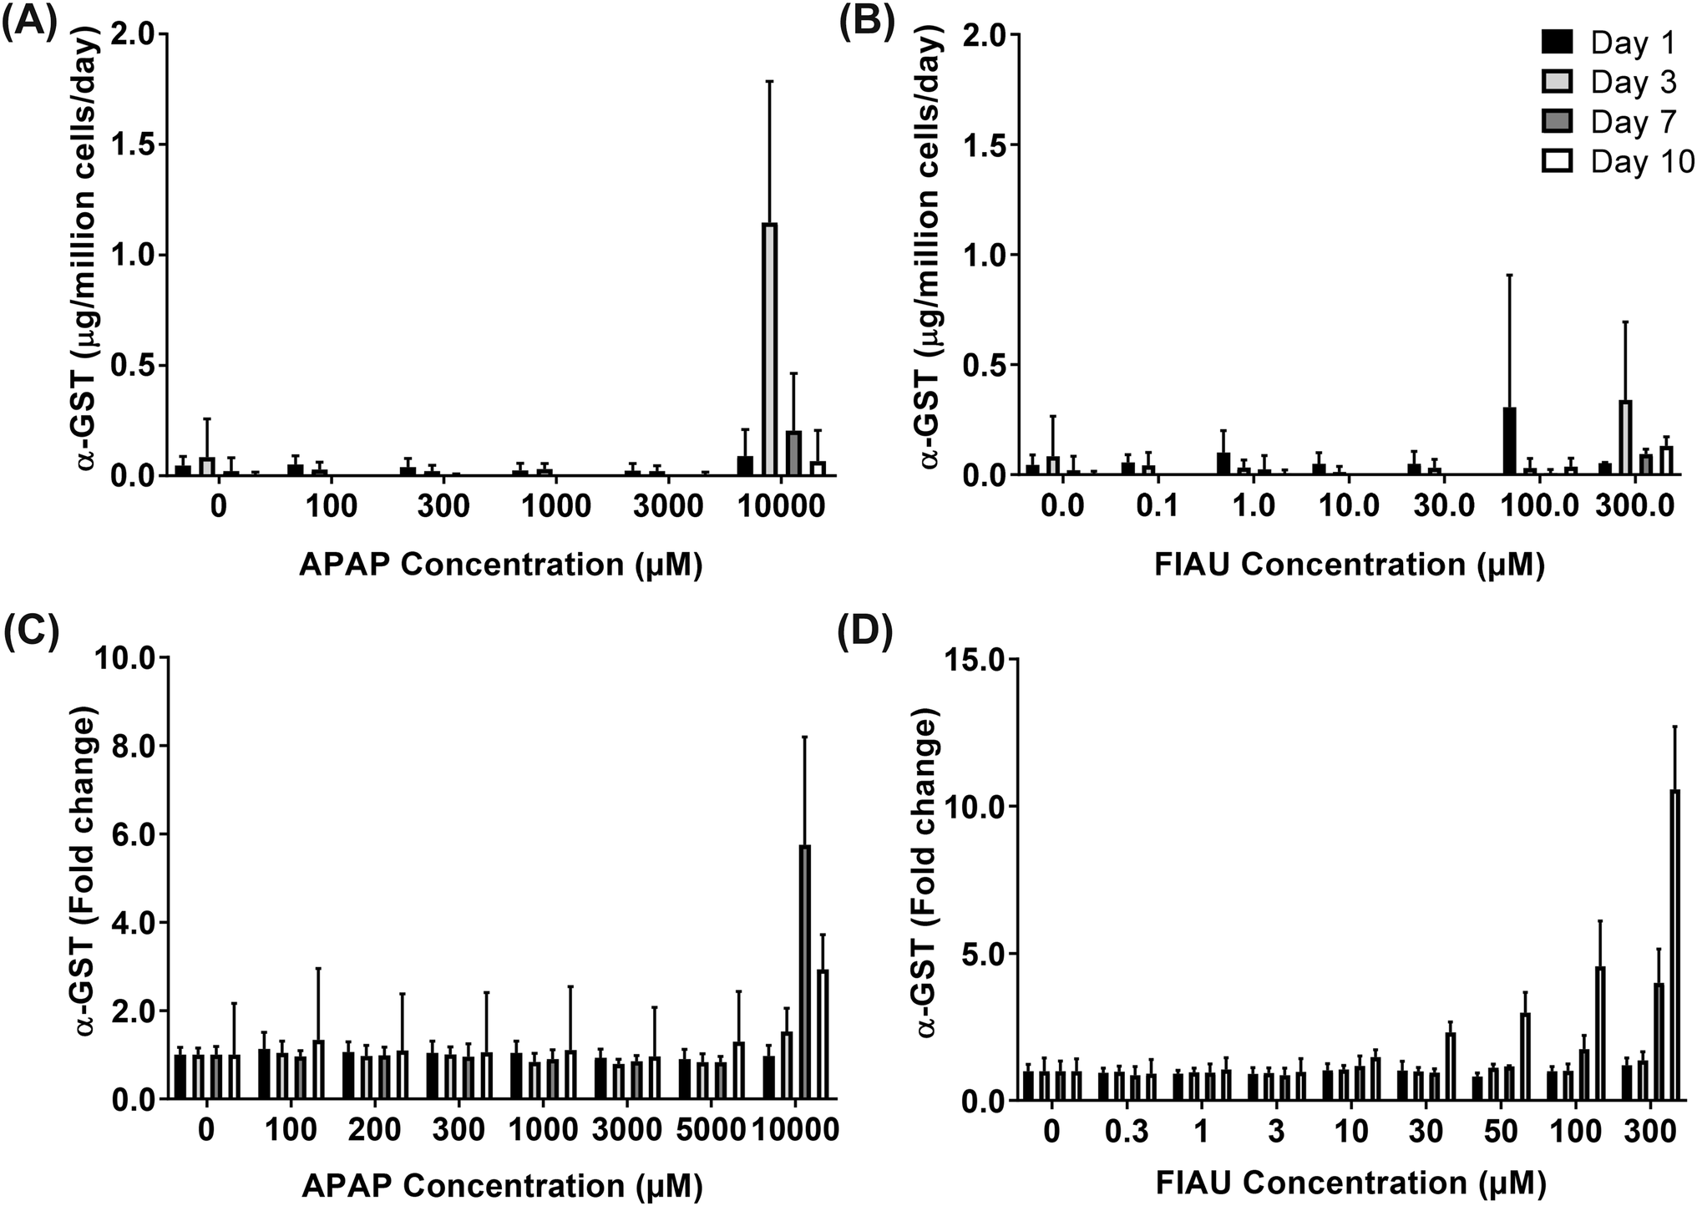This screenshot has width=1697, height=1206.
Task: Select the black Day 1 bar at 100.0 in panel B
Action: (1509, 442)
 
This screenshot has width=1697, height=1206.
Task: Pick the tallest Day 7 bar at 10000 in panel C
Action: (805, 973)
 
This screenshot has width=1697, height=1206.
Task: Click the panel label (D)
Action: (866, 638)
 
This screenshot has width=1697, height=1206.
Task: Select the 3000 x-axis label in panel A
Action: (660, 507)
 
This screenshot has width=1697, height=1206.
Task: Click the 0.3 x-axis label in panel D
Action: (1126, 1132)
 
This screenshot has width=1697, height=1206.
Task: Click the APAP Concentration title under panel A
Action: (501, 565)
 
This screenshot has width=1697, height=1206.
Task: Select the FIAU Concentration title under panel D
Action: (1350, 1183)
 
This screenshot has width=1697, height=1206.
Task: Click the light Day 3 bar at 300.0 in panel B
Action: (1625, 438)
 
